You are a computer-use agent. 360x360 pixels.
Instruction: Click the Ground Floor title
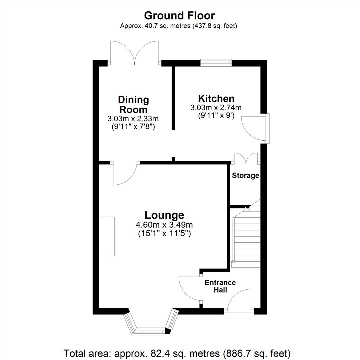(179, 15)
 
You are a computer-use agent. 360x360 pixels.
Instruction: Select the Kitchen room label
(216, 99)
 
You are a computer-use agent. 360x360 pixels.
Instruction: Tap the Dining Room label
(133, 105)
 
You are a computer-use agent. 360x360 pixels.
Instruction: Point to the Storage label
(246, 176)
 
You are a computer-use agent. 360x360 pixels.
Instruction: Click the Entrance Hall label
(220, 286)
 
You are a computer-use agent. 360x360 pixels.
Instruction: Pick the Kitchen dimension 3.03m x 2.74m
(216, 108)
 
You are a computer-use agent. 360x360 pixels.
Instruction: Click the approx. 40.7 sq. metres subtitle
(179, 26)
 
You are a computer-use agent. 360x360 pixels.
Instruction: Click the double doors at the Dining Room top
(134, 53)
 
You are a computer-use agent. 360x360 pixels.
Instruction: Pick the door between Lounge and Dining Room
(125, 173)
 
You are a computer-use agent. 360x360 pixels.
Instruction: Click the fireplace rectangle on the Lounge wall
(107, 236)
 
